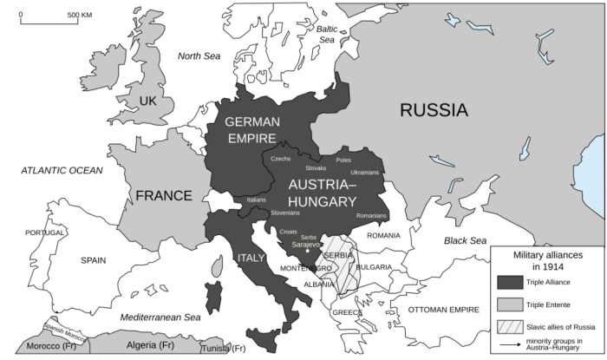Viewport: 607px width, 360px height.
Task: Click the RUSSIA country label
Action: (x=434, y=110)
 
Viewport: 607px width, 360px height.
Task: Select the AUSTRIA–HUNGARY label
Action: (x=322, y=193)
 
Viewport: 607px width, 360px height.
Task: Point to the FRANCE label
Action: (x=163, y=196)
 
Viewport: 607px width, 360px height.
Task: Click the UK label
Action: (x=147, y=101)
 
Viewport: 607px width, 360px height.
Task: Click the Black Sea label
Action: (x=467, y=240)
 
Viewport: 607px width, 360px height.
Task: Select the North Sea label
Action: (x=199, y=56)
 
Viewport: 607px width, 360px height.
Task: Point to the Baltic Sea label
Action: (x=326, y=33)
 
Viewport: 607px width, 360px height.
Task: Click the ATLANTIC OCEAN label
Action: (x=62, y=171)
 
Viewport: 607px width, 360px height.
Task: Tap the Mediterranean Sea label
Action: (x=160, y=317)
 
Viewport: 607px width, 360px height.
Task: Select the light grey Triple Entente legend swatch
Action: (x=511, y=304)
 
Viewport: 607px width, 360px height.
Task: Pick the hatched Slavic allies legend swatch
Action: (x=511, y=327)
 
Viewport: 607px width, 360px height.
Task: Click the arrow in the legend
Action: (x=511, y=345)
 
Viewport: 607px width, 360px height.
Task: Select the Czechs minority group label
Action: (x=281, y=159)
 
